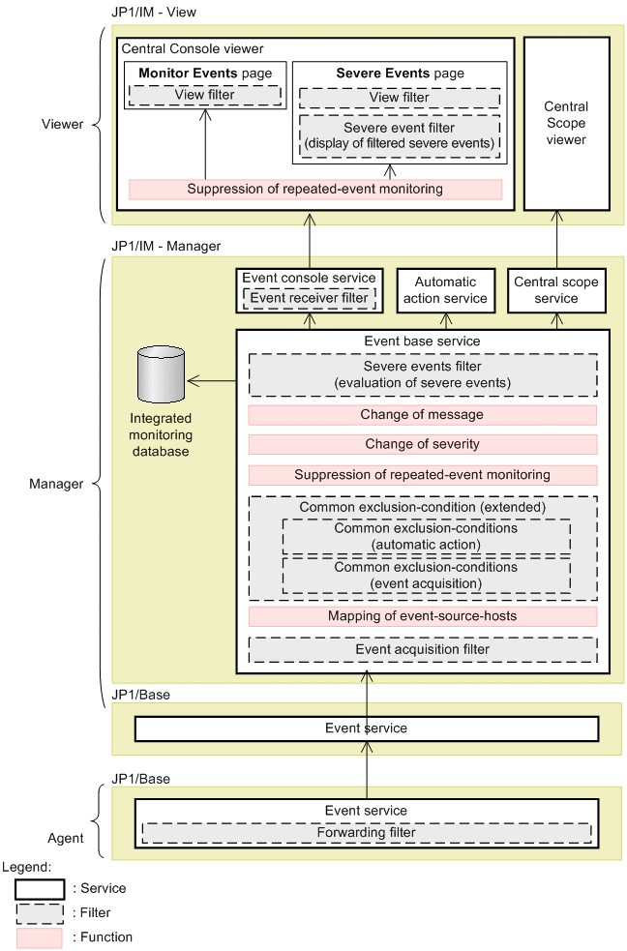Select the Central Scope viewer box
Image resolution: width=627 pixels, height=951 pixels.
566,123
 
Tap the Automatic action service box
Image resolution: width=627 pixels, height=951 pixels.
445,290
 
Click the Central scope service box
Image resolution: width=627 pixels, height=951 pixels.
556,290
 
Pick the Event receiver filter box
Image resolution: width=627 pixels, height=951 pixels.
309,298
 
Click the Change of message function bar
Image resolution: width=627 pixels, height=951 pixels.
422,415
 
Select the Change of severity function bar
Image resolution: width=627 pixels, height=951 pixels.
422,445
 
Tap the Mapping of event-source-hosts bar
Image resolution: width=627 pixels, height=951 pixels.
422,616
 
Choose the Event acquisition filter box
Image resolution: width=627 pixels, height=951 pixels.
422,649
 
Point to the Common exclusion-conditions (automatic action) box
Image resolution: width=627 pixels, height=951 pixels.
426,537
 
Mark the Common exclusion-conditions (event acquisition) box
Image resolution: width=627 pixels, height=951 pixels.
426,576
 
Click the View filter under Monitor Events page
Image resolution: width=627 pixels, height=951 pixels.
204,95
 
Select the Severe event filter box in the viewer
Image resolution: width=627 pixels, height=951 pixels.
399,136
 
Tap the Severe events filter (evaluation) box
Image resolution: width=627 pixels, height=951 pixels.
422,375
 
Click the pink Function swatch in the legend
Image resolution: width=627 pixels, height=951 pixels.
39,937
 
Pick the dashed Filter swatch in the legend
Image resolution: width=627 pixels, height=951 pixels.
39,912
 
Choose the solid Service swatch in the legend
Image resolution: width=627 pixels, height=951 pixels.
39,888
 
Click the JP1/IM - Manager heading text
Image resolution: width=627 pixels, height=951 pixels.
166,247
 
